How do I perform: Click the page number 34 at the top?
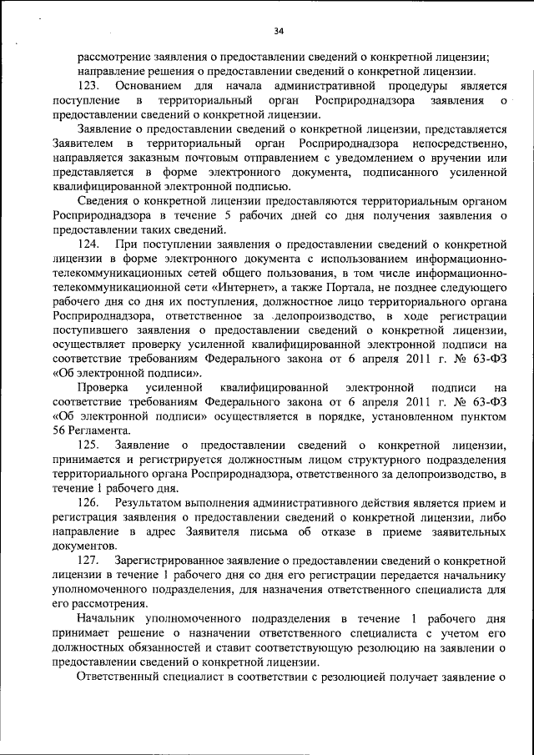[279, 32]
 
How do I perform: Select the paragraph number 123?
[89, 86]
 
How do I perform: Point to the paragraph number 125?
[89, 444]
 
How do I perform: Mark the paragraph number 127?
[89, 559]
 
